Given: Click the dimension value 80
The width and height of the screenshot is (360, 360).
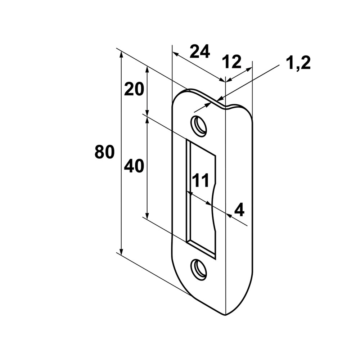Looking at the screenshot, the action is coord(104,152).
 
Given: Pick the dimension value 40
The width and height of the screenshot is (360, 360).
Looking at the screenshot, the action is coord(134,166).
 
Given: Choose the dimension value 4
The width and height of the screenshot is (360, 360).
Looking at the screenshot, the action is coord(239,210).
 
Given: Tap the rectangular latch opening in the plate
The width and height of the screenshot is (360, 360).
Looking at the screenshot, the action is coord(201,199).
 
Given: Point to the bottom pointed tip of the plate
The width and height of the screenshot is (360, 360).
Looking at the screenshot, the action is coord(226,315).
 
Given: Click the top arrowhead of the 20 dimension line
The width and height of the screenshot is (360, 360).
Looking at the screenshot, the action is coord(148,69).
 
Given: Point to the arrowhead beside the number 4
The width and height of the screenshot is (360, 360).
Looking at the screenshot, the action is coord(229,215).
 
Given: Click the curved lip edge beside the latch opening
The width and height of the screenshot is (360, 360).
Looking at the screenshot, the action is coord(213,207).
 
